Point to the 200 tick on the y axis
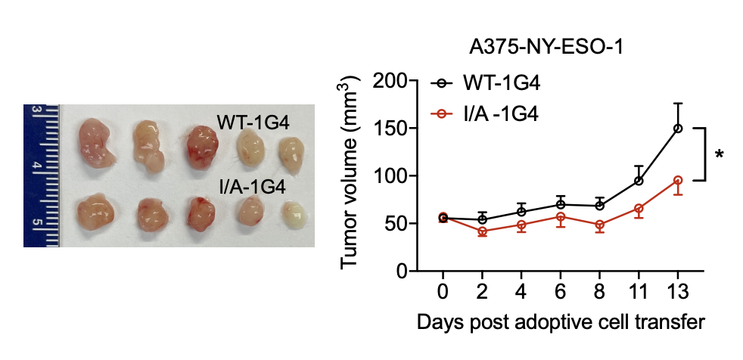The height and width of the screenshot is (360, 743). click(x=387, y=81)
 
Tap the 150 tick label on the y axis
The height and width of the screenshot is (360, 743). click(x=387, y=129)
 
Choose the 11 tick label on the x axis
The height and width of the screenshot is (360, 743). click(x=639, y=291)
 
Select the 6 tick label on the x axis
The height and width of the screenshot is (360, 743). click(x=560, y=291)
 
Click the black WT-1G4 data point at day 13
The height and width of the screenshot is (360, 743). click(x=678, y=129)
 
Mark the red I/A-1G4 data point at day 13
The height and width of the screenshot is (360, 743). click(x=678, y=181)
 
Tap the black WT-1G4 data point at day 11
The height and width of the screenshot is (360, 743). click(x=639, y=181)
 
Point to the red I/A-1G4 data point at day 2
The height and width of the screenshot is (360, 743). click(x=482, y=231)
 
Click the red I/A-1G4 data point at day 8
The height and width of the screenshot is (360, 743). click(x=599, y=225)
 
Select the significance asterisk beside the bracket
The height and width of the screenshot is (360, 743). click(x=718, y=155)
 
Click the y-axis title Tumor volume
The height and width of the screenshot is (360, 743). click(x=349, y=172)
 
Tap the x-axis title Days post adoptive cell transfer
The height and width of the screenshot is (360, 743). click(x=560, y=322)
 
